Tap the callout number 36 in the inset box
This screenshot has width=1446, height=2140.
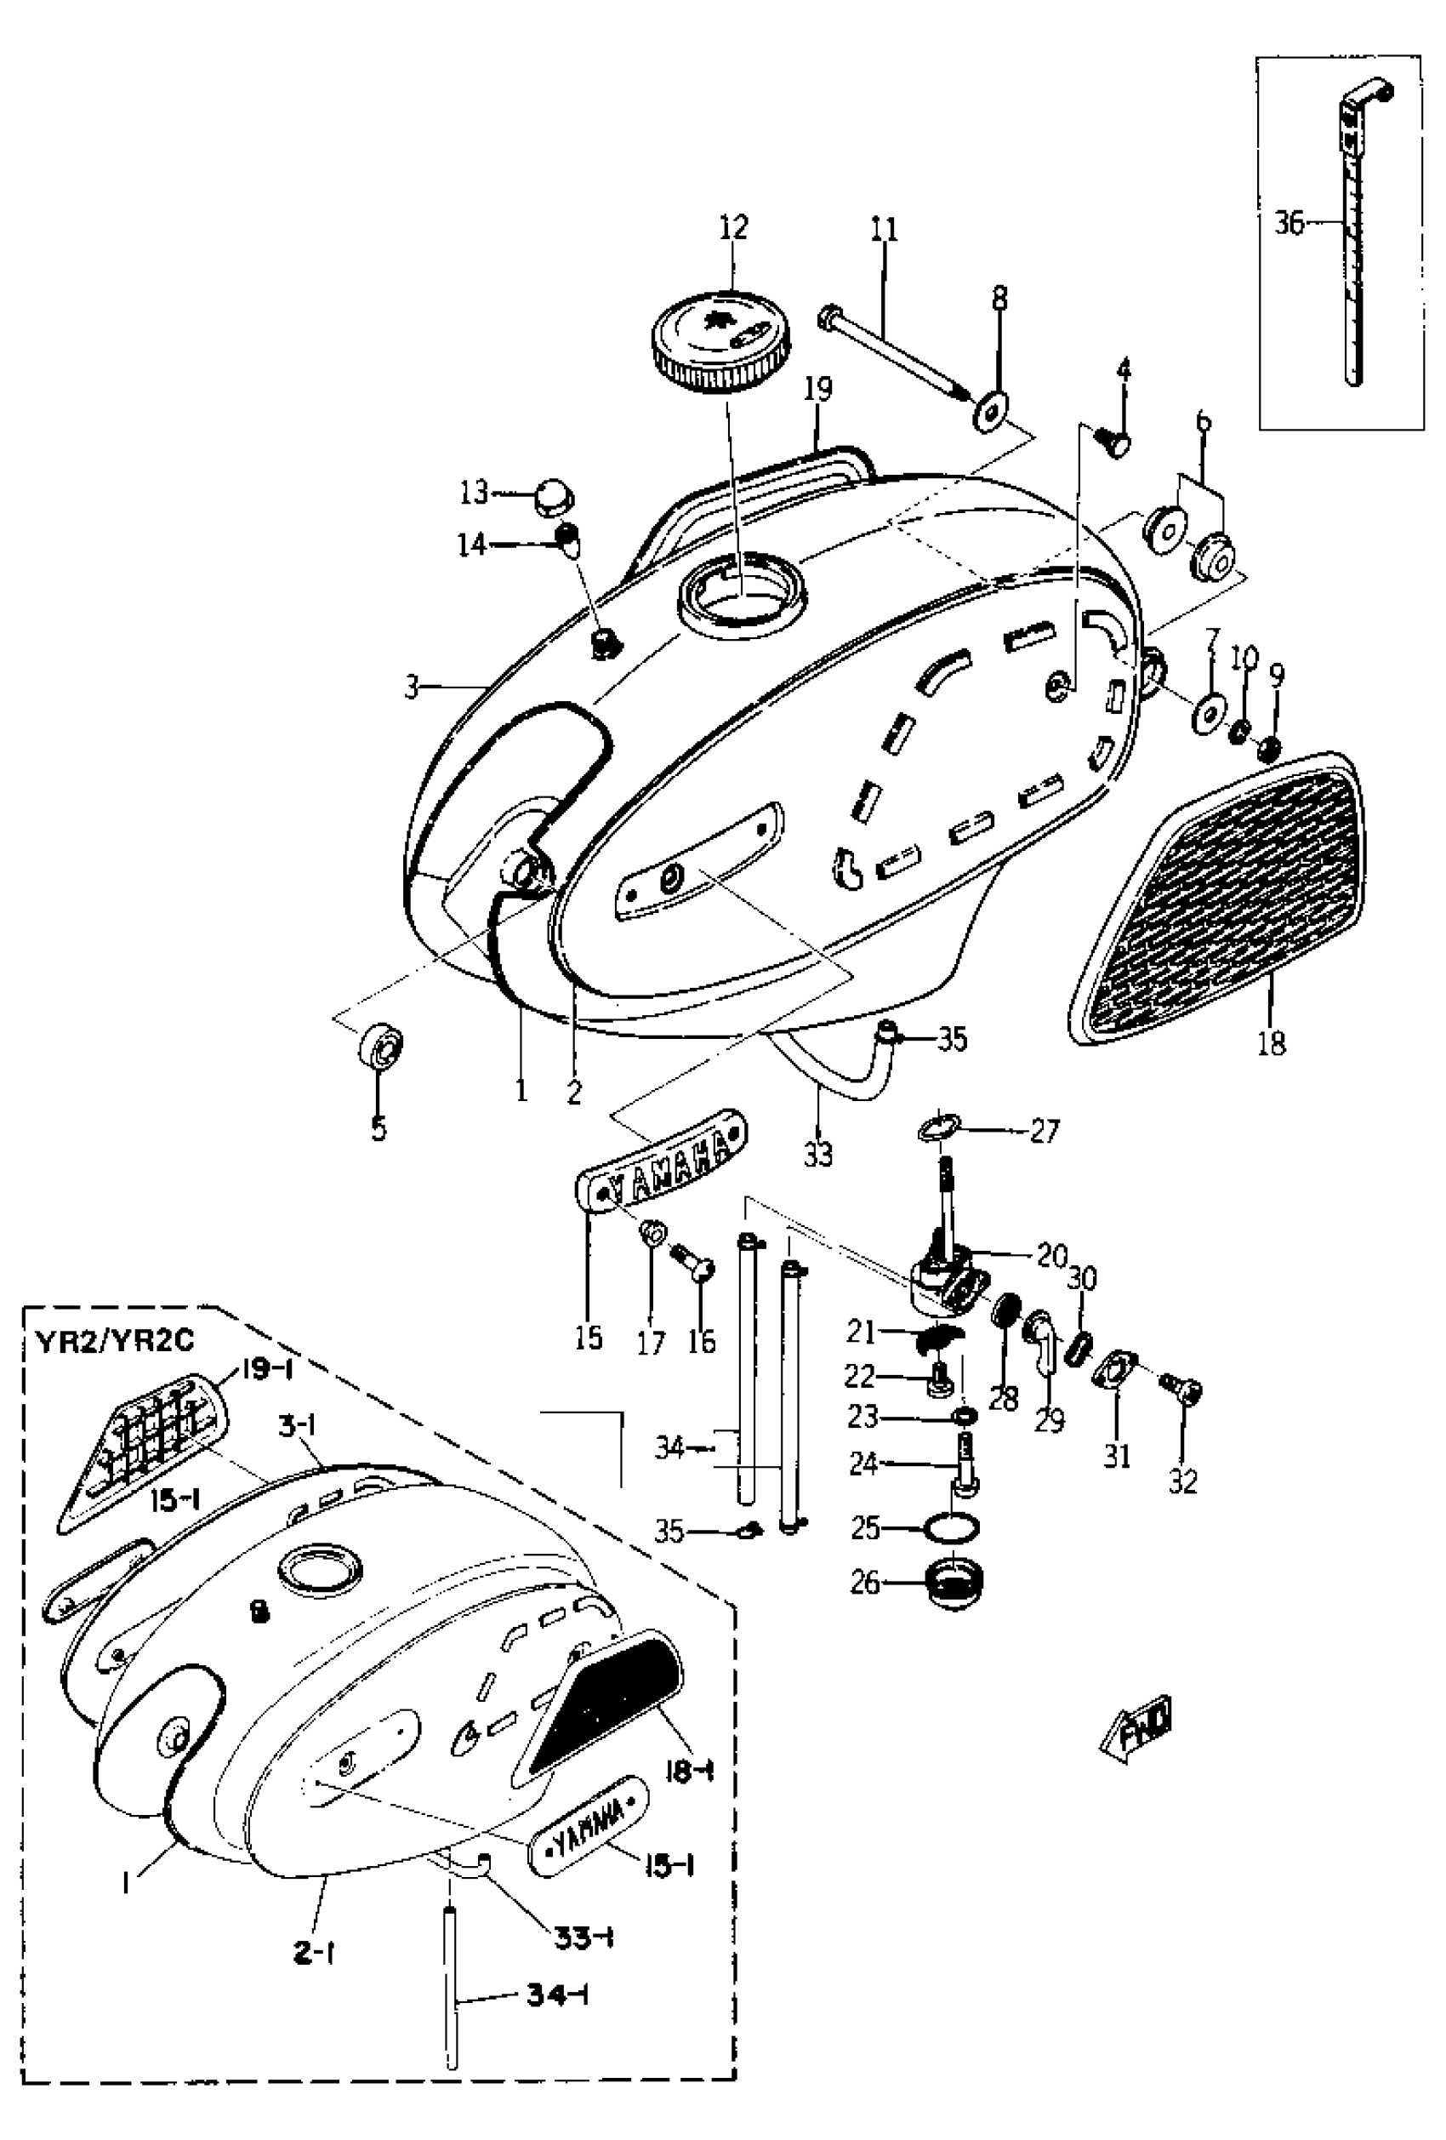pos(1289,223)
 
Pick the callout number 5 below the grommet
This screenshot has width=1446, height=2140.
pos(379,1128)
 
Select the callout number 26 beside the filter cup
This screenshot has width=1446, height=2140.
pos(865,1583)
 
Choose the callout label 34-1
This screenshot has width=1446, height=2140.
pos(558,1995)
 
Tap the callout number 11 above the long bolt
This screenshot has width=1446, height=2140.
pos(884,229)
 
